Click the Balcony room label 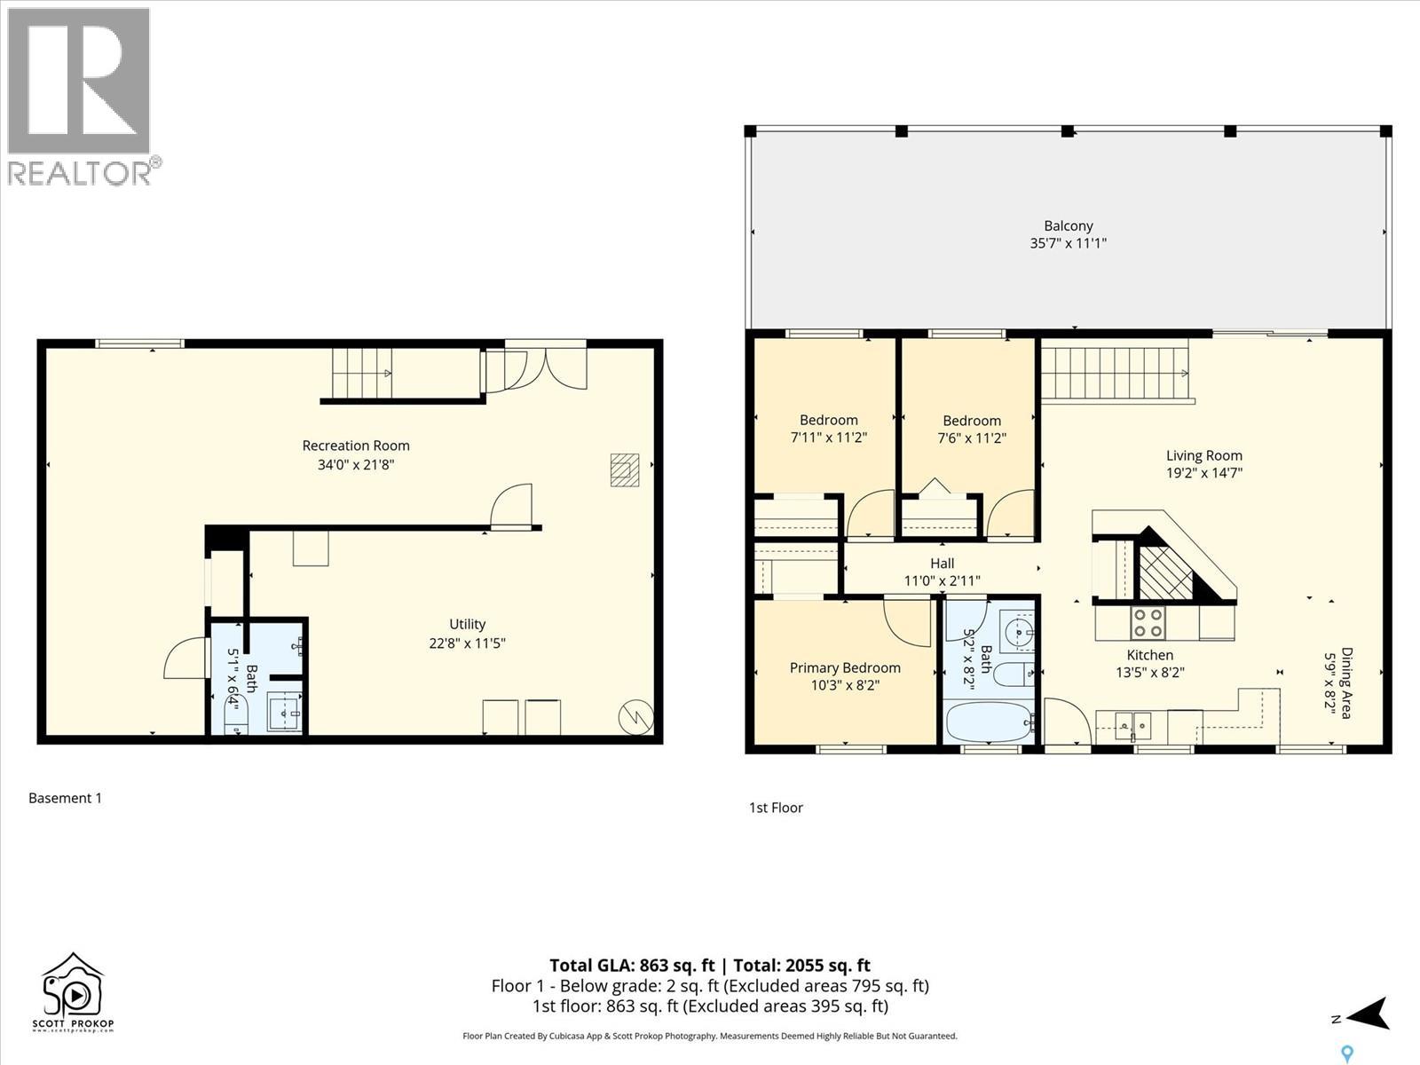point(1068,226)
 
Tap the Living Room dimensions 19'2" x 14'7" point(1203,473)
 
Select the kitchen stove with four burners point(1147,622)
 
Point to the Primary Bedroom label point(845,668)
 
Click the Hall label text point(942,564)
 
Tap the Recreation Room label point(356,446)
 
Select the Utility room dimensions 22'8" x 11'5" point(467,643)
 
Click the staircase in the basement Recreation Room point(362,373)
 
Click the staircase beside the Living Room point(1115,374)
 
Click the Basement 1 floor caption point(65,798)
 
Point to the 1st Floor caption point(776,808)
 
